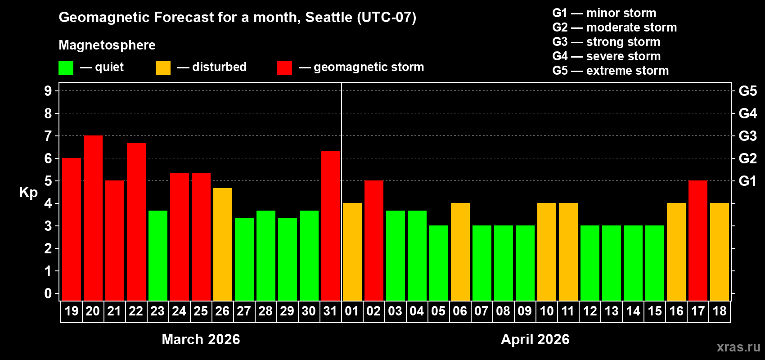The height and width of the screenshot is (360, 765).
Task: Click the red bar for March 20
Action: (93, 218)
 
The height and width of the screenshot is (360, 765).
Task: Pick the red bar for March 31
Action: (331, 225)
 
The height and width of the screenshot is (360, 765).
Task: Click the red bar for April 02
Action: (374, 240)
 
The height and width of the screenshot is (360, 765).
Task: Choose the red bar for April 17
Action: (698, 240)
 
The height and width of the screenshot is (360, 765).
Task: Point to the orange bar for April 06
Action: (460, 252)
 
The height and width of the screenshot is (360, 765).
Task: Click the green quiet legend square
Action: (66, 68)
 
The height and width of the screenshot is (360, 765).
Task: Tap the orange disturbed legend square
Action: (163, 68)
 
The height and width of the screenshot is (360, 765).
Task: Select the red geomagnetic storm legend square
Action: (285, 68)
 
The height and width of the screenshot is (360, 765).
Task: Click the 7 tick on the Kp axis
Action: (48, 136)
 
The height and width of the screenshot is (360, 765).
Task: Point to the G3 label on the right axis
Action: (747, 136)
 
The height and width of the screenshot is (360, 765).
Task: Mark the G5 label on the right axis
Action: (747, 91)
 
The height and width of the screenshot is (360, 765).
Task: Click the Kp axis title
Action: (28, 193)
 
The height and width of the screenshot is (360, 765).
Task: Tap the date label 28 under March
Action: (265, 311)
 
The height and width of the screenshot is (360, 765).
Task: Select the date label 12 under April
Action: (590, 311)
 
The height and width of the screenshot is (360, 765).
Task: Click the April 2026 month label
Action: (535, 339)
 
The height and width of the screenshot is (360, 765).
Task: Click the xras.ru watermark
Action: (738, 347)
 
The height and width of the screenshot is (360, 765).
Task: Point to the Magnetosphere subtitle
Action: (107, 45)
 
